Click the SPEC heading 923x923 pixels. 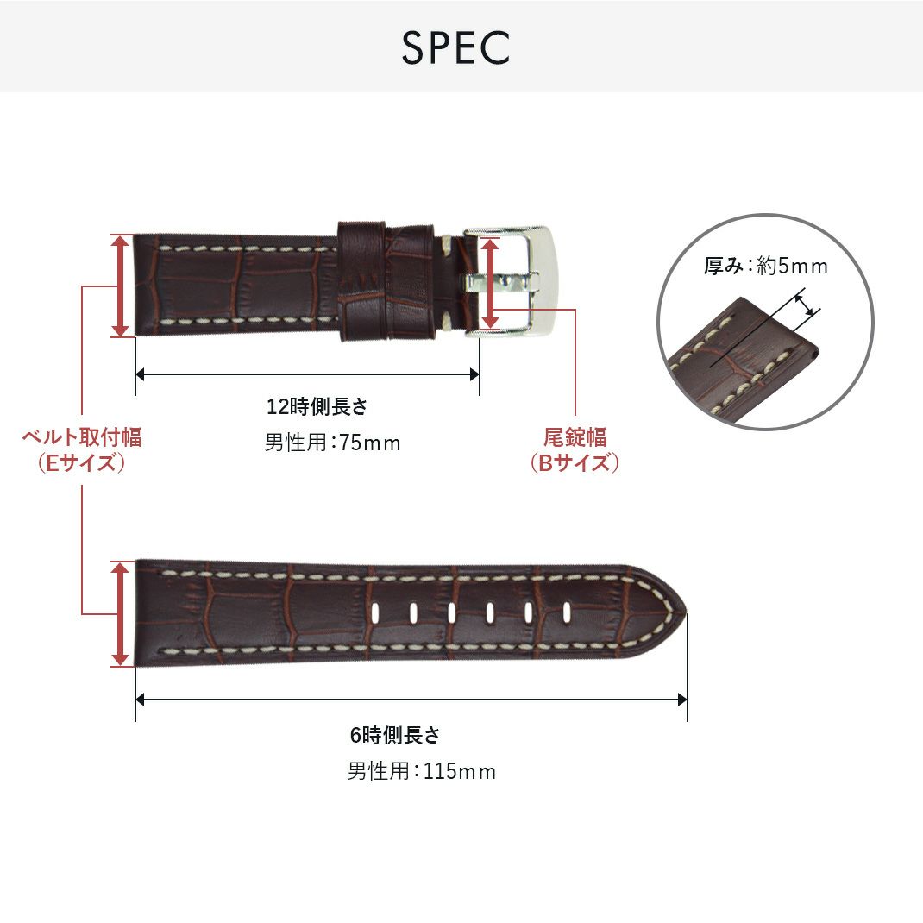455,48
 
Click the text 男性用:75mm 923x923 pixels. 332,443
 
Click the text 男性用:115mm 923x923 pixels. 421,771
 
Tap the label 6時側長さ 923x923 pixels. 394,736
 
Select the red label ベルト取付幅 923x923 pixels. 82,437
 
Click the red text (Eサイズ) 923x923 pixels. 82,463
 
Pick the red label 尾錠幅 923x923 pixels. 575,437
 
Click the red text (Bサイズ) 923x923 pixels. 575,463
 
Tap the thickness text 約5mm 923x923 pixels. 793,267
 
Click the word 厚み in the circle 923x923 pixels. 723,267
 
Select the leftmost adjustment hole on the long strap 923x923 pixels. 377,612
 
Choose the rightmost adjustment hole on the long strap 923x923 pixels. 564,612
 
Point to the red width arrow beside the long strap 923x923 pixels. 121,613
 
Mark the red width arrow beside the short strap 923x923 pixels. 121,286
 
